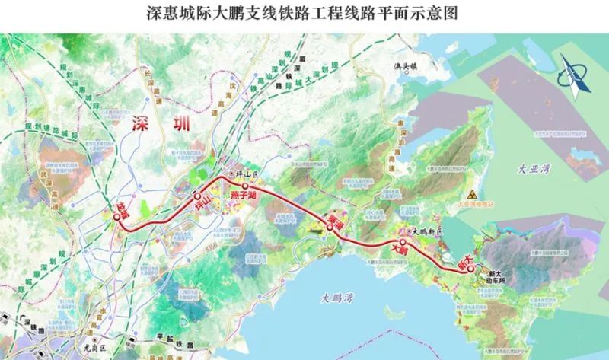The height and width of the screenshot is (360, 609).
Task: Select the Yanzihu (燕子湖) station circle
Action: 245,186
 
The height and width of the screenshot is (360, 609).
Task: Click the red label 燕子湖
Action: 245,199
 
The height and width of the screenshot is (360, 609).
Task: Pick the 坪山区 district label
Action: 248,175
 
